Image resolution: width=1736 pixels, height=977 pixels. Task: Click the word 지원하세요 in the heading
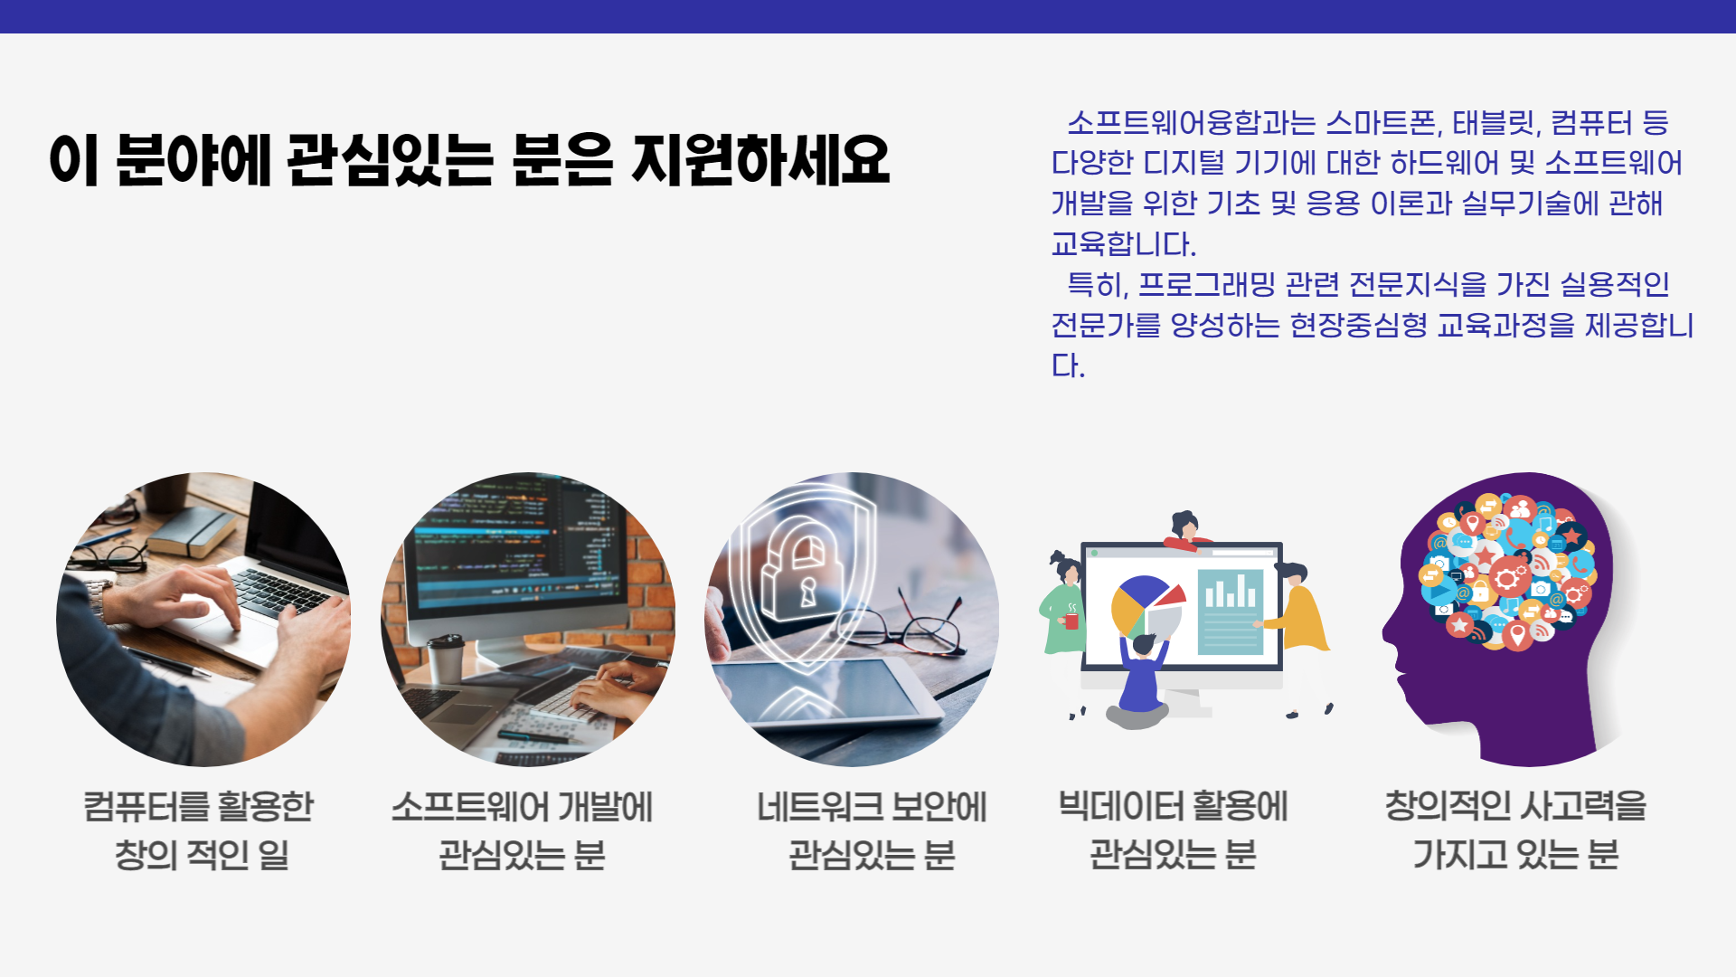(x=760, y=160)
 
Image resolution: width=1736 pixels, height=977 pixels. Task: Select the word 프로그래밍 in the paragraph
(x=1206, y=284)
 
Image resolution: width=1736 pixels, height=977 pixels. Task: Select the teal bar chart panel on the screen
(x=1230, y=612)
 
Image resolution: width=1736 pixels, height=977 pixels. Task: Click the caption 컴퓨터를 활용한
(x=199, y=806)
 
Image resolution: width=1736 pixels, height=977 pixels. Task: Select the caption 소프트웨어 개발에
(x=522, y=806)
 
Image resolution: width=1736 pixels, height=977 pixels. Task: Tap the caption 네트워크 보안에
(x=872, y=806)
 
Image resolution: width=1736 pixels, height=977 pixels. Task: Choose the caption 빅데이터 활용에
(x=1173, y=806)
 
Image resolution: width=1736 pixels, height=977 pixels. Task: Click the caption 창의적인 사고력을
(x=1515, y=806)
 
